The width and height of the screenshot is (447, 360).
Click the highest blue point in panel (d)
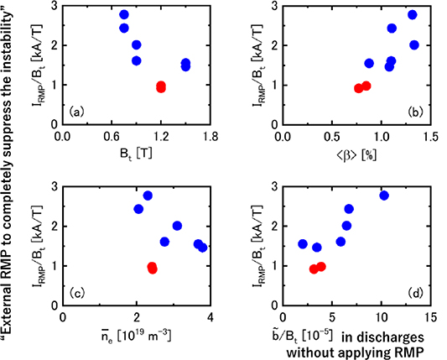(384, 196)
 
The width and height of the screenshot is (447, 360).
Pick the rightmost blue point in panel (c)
(203, 248)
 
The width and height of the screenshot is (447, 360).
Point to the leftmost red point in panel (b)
(359, 88)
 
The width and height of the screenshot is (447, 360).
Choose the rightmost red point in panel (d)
(321, 267)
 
